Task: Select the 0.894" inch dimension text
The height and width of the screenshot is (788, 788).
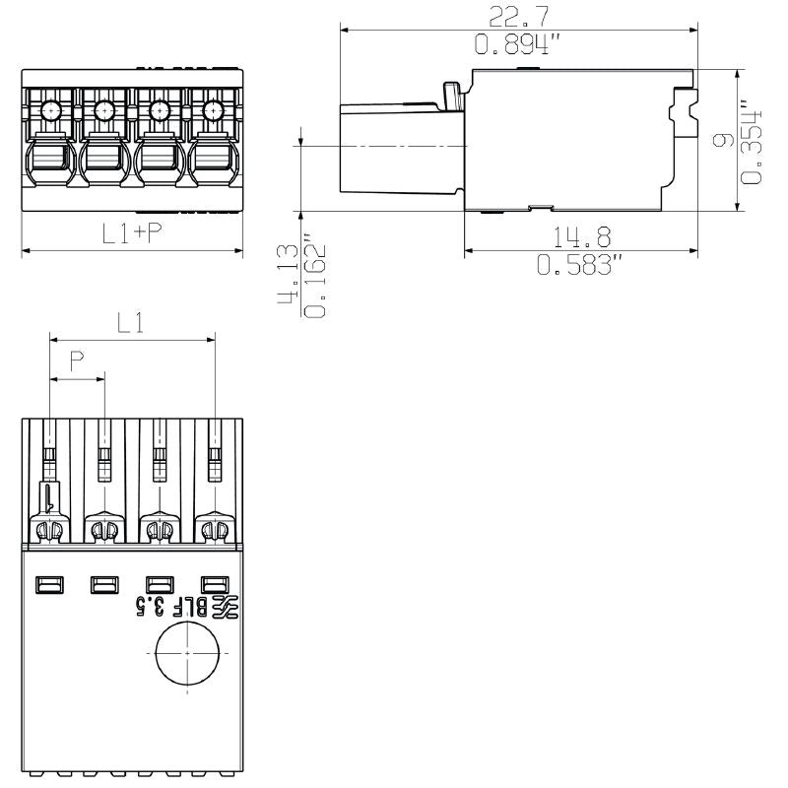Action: [x=518, y=44]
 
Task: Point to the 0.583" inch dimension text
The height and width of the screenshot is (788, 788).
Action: [x=580, y=265]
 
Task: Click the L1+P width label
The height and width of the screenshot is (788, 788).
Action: [x=133, y=232]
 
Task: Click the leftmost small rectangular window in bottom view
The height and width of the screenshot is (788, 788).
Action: [x=47, y=585]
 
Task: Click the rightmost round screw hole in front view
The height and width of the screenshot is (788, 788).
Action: [x=212, y=110]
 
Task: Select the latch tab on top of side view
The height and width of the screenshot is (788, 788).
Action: [x=453, y=97]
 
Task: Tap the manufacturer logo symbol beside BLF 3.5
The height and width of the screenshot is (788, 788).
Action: [x=227, y=607]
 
